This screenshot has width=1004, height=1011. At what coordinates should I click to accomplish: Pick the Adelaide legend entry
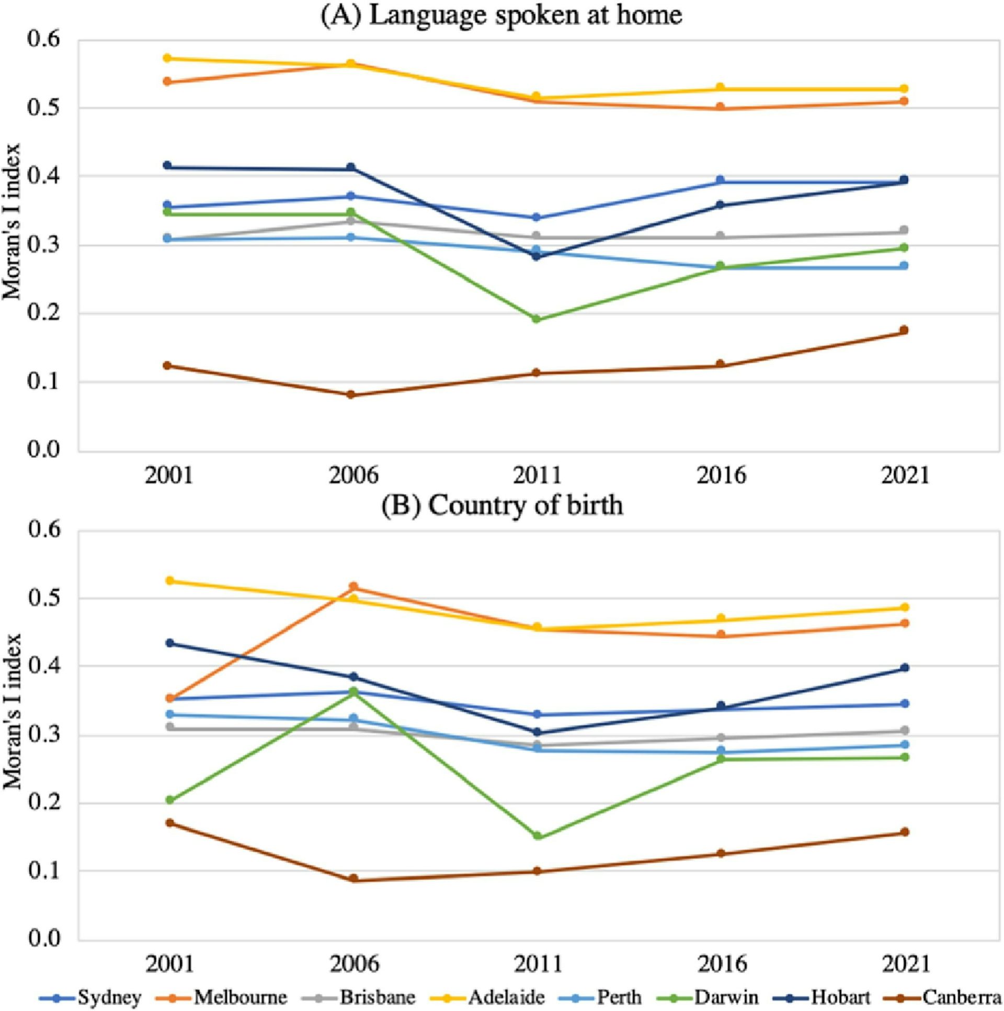[506, 997]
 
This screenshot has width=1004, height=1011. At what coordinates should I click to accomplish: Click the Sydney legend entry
[109, 997]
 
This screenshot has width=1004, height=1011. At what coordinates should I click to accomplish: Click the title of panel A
[501, 15]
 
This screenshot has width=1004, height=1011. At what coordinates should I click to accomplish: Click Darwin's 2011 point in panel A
[536, 319]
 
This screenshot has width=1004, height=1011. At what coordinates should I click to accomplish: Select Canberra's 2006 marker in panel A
[351, 394]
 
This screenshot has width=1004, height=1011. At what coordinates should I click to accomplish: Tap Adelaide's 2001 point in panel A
[167, 58]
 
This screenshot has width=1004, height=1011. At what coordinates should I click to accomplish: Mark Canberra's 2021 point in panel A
[904, 330]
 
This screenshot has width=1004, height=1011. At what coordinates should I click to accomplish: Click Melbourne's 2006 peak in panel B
[353, 587]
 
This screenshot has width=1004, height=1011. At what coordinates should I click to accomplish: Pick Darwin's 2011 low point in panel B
[537, 836]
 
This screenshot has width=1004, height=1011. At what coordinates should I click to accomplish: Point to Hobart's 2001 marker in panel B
[169, 643]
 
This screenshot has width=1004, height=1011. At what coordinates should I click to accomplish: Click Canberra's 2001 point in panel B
[169, 823]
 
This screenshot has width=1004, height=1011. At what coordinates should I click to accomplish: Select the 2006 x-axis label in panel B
[353, 963]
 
